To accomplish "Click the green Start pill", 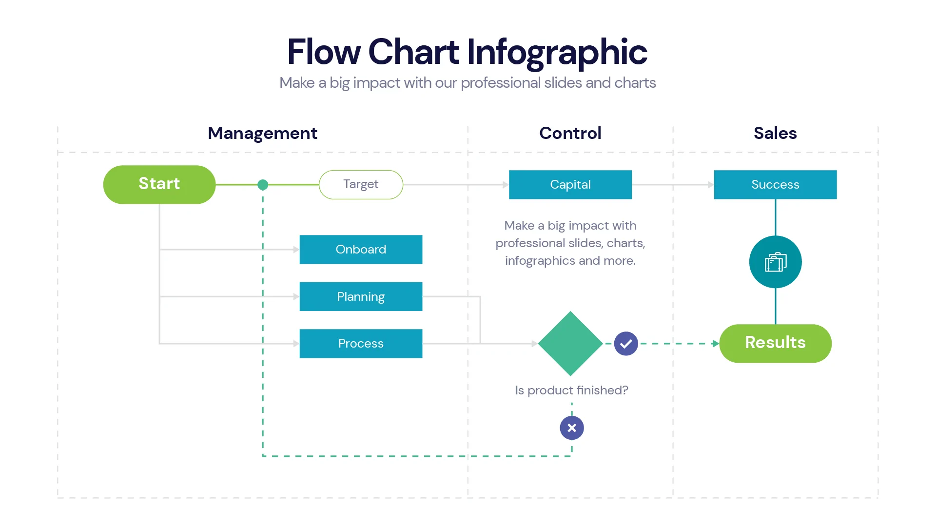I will tap(159, 184).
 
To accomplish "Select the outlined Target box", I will tap(361, 184).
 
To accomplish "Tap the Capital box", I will tap(570, 184).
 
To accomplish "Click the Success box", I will tap(775, 184).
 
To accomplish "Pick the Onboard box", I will tap(361, 249).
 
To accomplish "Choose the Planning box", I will tap(361, 296).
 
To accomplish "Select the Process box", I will tap(361, 343).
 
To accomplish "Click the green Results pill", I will tap(775, 343).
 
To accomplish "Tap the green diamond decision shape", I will tap(570, 343).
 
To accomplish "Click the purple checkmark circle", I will tap(626, 344).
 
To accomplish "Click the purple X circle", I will tap(572, 428).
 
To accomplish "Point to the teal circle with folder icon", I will tap(775, 262).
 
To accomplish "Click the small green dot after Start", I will tap(263, 185).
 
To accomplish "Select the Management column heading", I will tap(262, 133).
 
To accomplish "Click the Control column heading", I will tap(570, 133).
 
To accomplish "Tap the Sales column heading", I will tap(775, 133).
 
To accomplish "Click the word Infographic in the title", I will tap(557, 52).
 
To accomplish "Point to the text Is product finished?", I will tap(571, 390).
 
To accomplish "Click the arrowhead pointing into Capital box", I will tap(506, 185).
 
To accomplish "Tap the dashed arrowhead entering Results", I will tap(716, 344).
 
